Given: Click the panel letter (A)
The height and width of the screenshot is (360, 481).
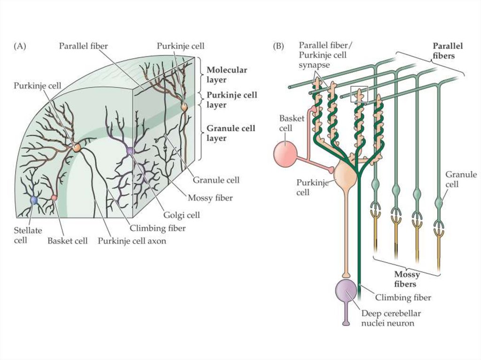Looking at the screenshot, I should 20,46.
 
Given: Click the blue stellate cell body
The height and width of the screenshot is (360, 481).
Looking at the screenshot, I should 33,201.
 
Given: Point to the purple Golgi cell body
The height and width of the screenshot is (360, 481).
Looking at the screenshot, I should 130,151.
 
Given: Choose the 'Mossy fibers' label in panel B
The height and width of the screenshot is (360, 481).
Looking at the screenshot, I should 405,279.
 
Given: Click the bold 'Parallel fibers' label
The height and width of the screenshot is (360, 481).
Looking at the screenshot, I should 447,51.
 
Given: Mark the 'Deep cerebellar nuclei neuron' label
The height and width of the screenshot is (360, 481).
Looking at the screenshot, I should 391,318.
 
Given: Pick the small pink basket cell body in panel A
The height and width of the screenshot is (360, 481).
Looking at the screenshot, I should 54,198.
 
